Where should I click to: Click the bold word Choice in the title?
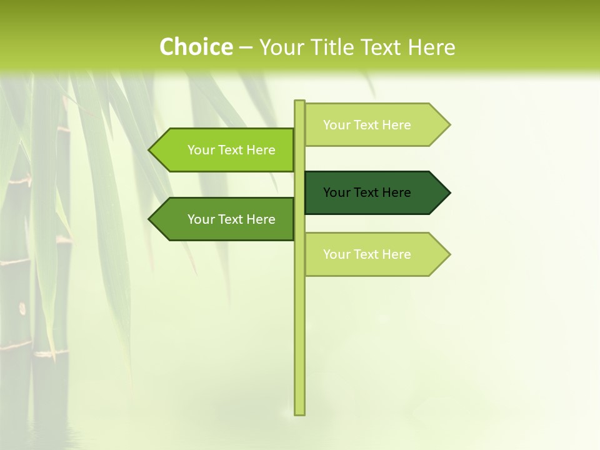[196, 47]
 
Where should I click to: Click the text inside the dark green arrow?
[367, 192]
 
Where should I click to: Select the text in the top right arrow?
[367, 125]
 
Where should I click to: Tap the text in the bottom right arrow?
[367, 254]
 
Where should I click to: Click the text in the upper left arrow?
[231, 150]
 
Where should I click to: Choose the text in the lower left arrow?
[231, 219]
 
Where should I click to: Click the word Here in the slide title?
[431, 47]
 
